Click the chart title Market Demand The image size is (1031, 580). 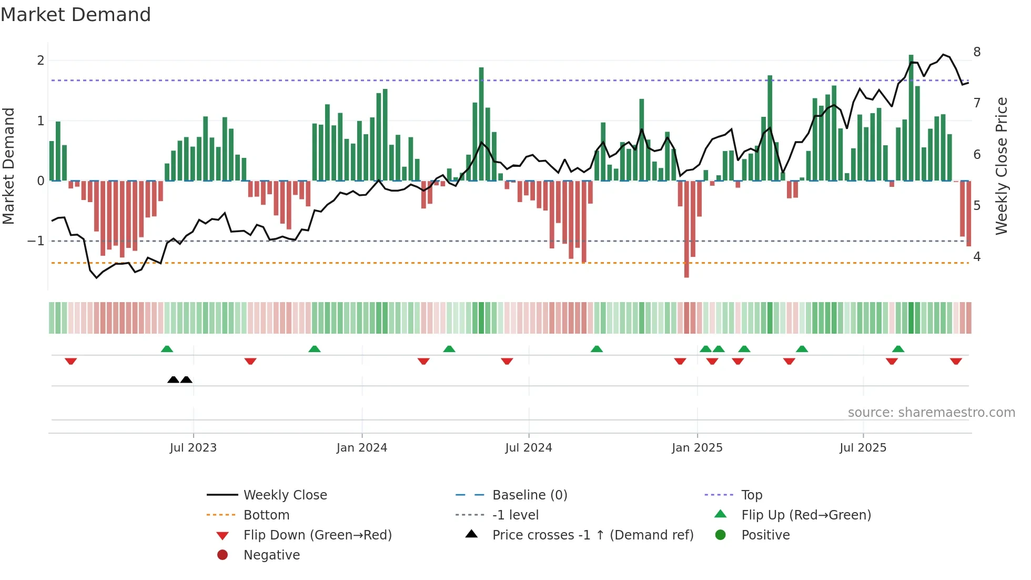tap(76, 15)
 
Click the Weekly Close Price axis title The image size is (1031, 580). tap(1002, 166)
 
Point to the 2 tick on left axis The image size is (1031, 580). tap(41, 61)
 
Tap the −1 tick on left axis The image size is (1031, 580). tap(36, 241)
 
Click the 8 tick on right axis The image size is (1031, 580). tap(977, 52)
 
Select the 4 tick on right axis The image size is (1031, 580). tap(977, 257)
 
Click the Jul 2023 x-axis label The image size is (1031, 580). tap(193, 448)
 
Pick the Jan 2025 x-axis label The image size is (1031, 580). tap(697, 448)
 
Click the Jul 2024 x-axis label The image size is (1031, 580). tap(529, 448)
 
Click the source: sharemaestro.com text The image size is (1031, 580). tap(931, 413)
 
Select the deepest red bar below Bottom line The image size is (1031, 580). tap(686, 229)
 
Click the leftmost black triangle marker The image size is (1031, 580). tap(173, 379)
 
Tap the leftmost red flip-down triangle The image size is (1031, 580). tap(71, 361)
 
